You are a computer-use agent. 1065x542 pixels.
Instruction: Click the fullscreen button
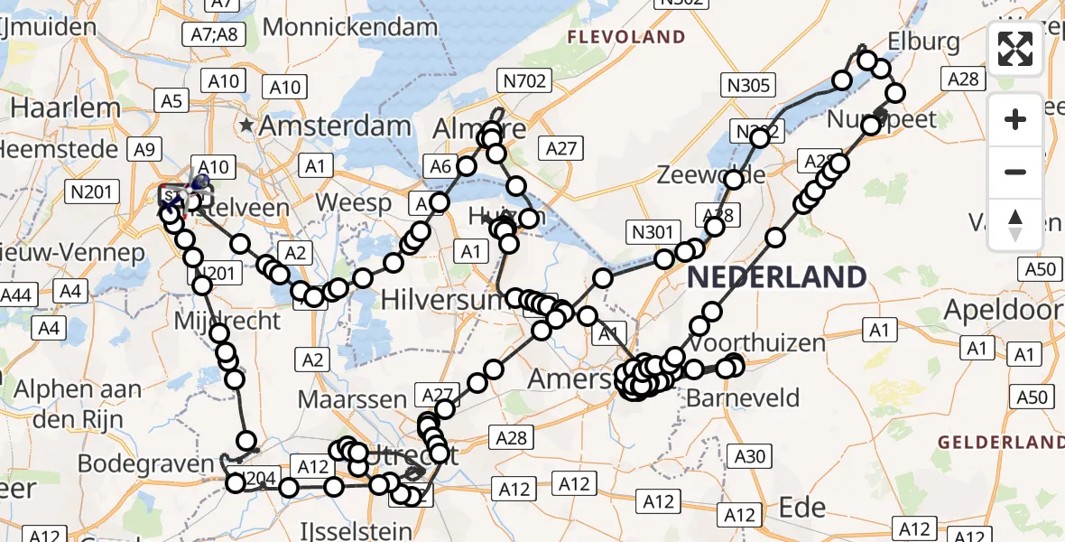[x=1015, y=49]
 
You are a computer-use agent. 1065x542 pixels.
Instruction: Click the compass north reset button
[x=1015, y=225]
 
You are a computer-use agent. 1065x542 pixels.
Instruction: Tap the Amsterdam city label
[x=335, y=126]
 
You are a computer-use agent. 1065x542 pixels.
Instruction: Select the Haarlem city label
[x=65, y=108]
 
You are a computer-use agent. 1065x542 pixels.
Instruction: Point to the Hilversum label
[x=440, y=299]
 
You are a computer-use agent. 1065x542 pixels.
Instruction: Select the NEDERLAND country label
[x=776, y=276]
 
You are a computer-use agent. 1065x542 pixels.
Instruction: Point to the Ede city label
[x=801, y=506]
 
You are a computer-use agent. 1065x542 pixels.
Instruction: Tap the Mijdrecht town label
[x=227, y=320]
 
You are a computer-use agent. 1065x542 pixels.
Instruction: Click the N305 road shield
[x=747, y=86]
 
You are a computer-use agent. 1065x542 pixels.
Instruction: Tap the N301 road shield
[x=651, y=232]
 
